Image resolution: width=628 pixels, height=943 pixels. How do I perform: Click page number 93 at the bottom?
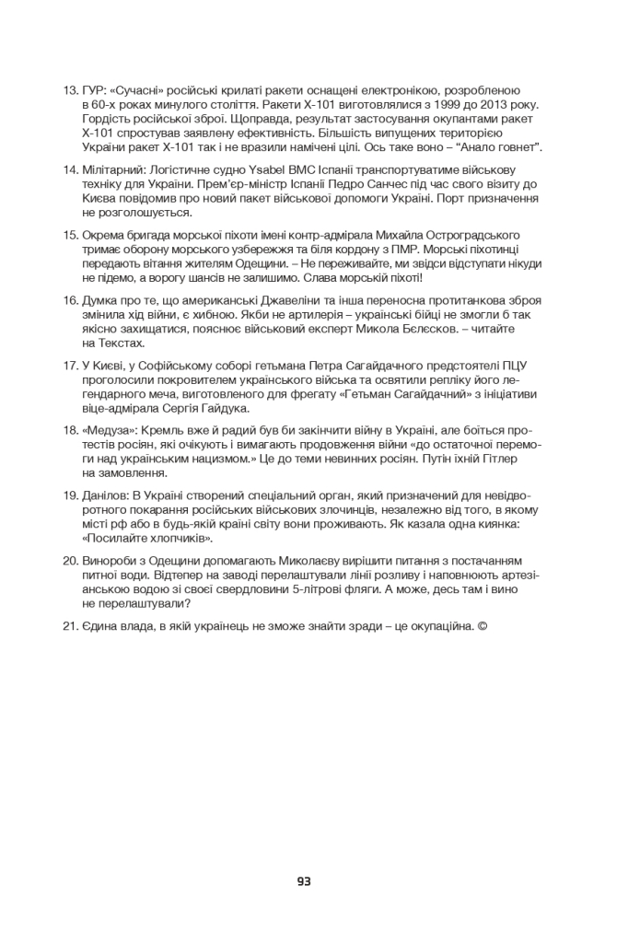[x=304, y=881]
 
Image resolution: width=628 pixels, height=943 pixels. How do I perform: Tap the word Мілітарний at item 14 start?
[x=114, y=170]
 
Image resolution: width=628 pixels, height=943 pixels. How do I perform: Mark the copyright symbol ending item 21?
[x=483, y=627]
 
